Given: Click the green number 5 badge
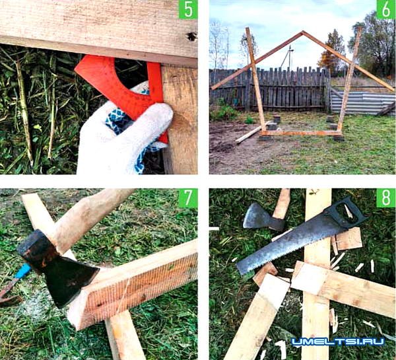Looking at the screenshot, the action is coord(188,10).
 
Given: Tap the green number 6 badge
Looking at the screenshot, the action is coord(386,10).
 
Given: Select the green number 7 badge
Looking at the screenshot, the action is coord(188,198).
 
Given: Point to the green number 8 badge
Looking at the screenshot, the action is coord(386,198).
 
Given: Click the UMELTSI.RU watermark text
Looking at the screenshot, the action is coord(338,342).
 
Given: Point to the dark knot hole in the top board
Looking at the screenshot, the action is coord(192,36).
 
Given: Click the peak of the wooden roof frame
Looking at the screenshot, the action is coord(302,32).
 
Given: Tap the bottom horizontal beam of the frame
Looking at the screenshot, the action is coord(301,133).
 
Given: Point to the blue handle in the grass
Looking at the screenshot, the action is coord(23,271).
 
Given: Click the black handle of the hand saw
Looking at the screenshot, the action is coord(345,211).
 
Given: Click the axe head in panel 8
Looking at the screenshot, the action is coord(263,217).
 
